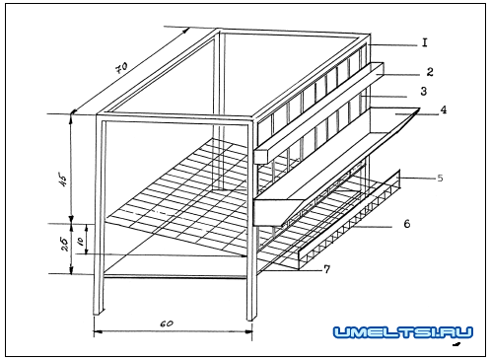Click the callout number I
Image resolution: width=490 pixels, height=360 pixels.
click(425, 42)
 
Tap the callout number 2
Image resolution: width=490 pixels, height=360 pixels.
click(430, 72)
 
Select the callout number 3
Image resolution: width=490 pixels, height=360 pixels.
click(424, 91)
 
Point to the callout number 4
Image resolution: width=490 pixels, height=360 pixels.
click(444, 109)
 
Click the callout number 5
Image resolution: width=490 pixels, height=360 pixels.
click(440, 178)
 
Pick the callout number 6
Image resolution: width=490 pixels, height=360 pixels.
click(407, 224)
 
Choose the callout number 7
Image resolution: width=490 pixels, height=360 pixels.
click(326, 269)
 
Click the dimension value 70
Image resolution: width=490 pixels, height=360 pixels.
click(121, 68)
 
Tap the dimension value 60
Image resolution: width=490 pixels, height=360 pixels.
click(167, 324)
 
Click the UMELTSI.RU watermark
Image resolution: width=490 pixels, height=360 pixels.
click(403, 332)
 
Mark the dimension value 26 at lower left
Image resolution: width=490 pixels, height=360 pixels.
click(64, 245)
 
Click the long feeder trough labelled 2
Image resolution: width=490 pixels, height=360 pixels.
click(319, 112)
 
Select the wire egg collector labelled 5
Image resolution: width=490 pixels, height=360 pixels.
click(349, 220)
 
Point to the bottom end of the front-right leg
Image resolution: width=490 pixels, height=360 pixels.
click(251, 319)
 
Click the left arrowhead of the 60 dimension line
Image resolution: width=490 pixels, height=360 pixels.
click(97, 331)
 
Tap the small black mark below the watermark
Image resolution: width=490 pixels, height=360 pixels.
click(456, 344)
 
